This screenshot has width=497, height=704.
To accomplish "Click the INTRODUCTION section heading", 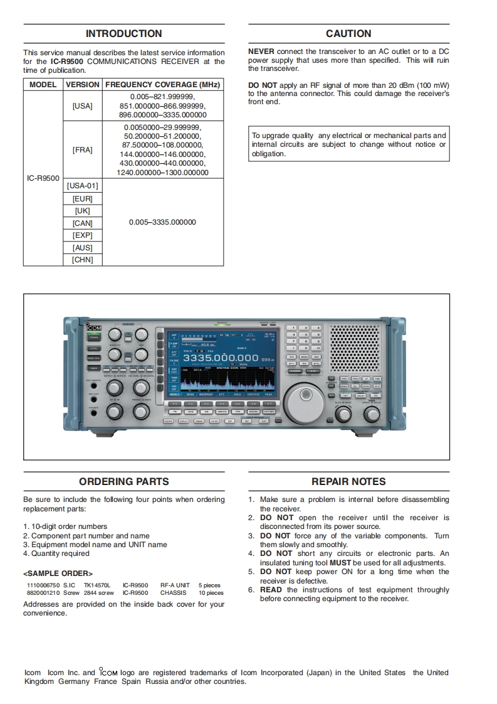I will tap(123, 34).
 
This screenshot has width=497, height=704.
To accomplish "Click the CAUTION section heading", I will tap(348, 34).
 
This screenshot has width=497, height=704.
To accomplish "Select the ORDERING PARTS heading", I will tap(123, 482).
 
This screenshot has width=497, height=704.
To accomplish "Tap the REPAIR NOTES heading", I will tap(348, 482).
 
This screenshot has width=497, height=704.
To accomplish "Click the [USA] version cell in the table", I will tap(82, 106).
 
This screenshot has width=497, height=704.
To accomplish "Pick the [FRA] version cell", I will tap(82, 150).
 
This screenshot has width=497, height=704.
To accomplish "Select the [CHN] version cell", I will tap(82, 260).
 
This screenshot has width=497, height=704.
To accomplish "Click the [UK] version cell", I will tap(82, 211).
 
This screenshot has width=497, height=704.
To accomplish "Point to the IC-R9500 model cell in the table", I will tap(43, 178).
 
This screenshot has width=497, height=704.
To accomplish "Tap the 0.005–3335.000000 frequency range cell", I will tap(162, 222).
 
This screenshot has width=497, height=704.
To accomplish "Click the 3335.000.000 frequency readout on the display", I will tap(220, 358).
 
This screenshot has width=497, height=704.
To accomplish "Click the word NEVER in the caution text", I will tap(261, 51).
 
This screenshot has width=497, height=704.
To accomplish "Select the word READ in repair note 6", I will tap(271, 590).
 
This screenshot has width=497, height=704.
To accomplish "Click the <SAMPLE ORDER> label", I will tap(58, 573).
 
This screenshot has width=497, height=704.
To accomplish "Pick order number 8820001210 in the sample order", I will tap(41, 593).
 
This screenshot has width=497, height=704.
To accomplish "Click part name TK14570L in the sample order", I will tap(97, 585).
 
